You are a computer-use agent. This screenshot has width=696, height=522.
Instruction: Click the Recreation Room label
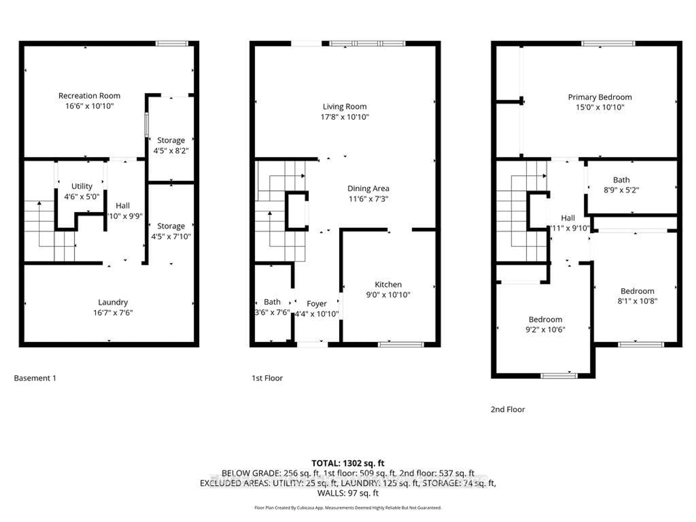[x=89, y=96]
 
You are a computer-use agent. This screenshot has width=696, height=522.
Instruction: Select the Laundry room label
[x=113, y=302]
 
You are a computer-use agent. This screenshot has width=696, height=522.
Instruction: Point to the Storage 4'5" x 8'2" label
[x=171, y=140]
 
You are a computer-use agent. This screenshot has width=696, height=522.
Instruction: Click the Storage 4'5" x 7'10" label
[x=171, y=226]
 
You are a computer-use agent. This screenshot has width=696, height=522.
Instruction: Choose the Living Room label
[x=345, y=107]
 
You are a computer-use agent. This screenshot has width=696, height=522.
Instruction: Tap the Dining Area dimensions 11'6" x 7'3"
[x=368, y=199]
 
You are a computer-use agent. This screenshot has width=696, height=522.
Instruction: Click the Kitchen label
[x=388, y=284]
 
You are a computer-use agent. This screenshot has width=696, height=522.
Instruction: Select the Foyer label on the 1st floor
[x=316, y=304]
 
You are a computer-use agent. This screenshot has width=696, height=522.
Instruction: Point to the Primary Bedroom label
[x=600, y=97]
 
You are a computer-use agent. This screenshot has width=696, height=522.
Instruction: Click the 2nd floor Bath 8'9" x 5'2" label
[x=621, y=180]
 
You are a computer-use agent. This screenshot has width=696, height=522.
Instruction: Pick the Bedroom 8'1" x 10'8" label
[x=637, y=291]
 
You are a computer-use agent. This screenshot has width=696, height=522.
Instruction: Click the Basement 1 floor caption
[x=35, y=378]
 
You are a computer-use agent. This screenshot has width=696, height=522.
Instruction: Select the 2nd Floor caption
[x=507, y=409]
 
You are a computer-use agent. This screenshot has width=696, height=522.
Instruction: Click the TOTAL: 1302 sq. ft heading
[x=348, y=463]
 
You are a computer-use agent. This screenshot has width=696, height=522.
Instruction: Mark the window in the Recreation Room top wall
[x=172, y=43]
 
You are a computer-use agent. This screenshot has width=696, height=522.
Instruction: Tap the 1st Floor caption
[x=267, y=378]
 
